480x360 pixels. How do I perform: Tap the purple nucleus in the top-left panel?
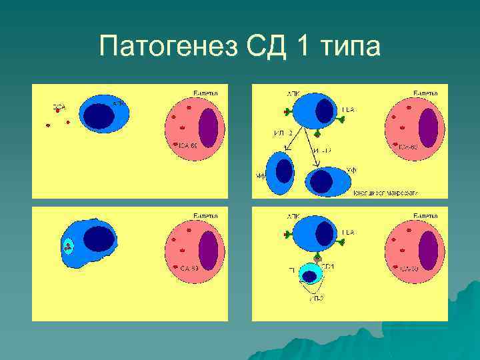point(208,126)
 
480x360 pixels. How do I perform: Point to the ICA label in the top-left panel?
point(59,107)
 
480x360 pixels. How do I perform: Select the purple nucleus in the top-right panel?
point(428,126)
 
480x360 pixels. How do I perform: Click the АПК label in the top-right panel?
point(293,93)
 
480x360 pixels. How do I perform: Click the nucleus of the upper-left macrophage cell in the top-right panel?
point(284,171)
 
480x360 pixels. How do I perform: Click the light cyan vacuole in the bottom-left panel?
point(68,247)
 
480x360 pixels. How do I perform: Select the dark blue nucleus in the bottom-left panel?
point(99,239)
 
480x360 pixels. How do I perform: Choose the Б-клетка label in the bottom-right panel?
point(425,216)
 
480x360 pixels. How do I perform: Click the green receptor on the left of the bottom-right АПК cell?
point(287,234)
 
